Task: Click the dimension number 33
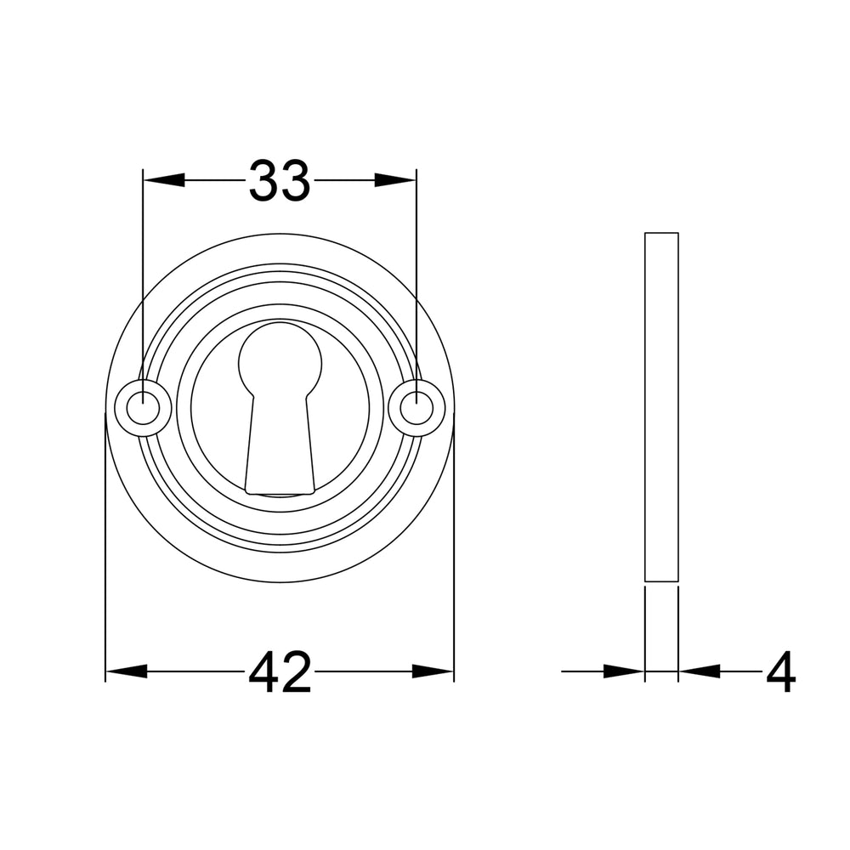280,180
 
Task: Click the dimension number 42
280,672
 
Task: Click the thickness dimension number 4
780,672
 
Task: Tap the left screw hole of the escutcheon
143,408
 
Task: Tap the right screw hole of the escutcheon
416,408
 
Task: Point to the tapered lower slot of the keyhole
280,445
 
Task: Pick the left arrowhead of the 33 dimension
164,180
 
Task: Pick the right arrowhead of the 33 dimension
395,180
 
